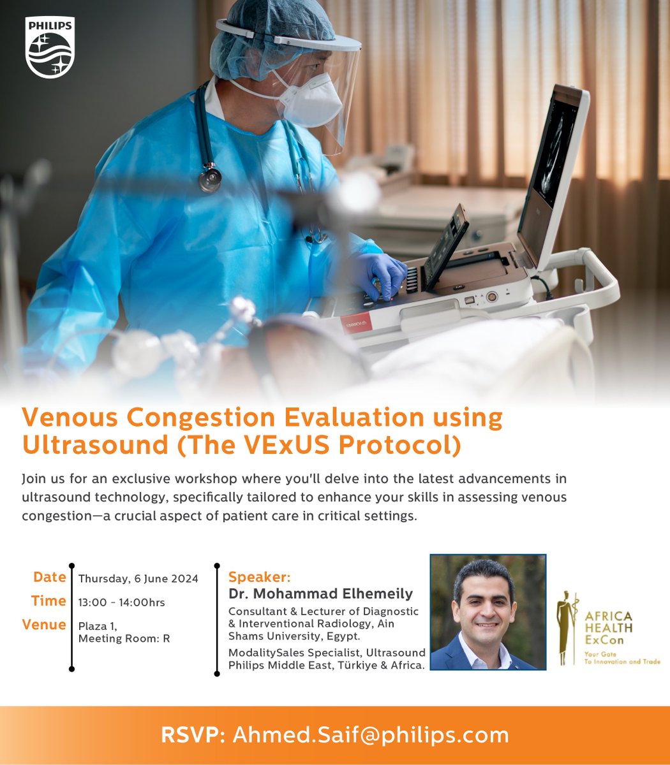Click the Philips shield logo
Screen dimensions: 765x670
click(x=50, y=48)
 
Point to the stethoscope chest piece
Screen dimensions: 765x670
click(x=209, y=178)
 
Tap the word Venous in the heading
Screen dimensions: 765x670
click(x=71, y=418)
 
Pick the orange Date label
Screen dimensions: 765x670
click(x=50, y=577)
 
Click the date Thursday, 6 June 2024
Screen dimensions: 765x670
click(x=138, y=579)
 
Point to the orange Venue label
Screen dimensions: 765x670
click(x=44, y=625)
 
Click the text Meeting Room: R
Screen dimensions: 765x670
click(x=124, y=638)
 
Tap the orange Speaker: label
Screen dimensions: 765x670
click(x=259, y=578)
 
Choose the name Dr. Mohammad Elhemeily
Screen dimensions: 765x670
click(x=320, y=594)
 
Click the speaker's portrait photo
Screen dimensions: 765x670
click(x=488, y=612)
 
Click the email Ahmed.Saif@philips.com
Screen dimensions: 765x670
click(x=371, y=735)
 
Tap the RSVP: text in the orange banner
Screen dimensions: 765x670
click(x=193, y=735)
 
